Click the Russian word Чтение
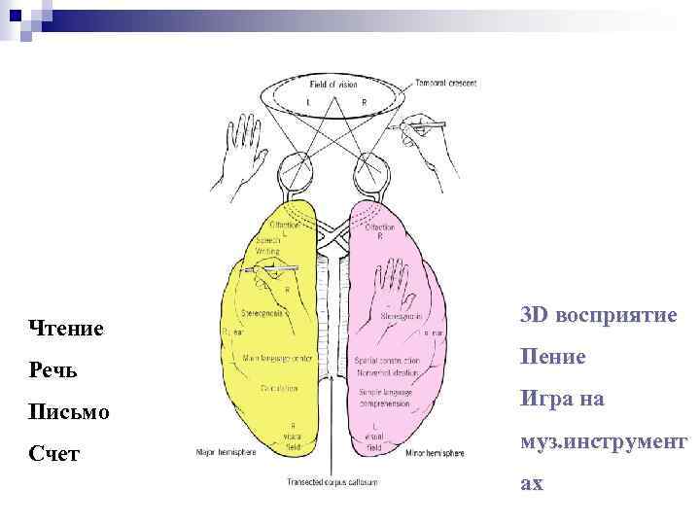coord(67,329)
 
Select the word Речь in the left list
coord(54,371)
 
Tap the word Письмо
coord(69,412)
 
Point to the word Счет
coord(54,453)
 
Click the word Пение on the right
coord(552,357)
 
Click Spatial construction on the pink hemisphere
coord(386,361)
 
